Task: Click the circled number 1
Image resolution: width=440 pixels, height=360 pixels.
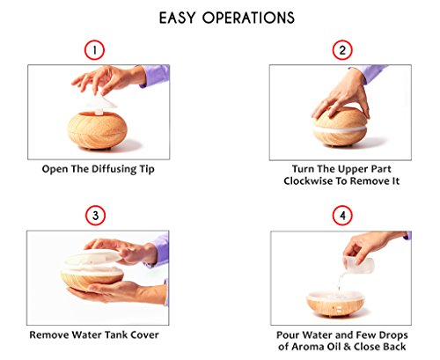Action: tap(94, 50)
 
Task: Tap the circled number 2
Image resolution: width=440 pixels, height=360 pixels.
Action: tap(342, 50)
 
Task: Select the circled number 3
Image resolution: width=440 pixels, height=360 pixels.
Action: tap(95, 216)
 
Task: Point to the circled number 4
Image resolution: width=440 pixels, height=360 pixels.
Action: tap(342, 216)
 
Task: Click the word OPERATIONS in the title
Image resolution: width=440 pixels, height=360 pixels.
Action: tap(248, 18)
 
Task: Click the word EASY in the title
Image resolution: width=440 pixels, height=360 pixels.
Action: tap(177, 18)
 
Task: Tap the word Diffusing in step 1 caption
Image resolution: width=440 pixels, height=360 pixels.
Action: tap(114, 170)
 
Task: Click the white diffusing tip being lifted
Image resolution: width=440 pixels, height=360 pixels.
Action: tap(101, 104)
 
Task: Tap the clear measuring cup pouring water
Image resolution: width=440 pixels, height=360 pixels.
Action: tap(358, 264)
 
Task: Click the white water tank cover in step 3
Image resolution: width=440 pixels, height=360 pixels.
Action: tap(92, 259)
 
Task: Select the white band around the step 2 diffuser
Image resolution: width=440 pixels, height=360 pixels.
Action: tap(341, 130)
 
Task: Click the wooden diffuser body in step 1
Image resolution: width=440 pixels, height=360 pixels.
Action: tap(97, 129)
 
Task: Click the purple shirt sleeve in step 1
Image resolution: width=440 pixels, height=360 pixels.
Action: tap(155, 76)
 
